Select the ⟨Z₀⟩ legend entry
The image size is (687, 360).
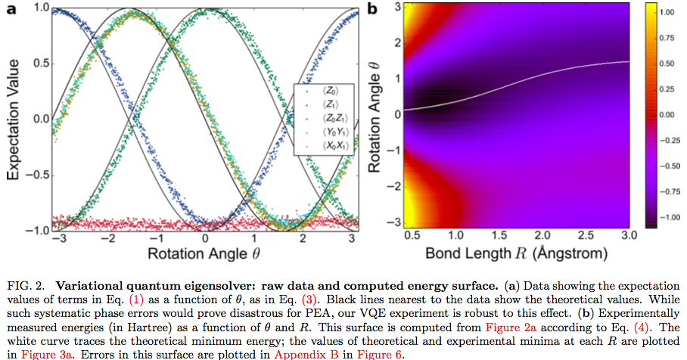[x=331, y=91]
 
